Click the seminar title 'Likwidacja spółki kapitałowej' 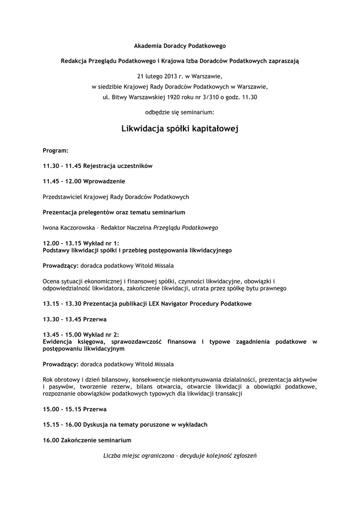click(180, 129)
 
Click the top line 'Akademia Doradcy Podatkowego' click(180, 46)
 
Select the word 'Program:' click(56, 150)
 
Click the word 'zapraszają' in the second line click(284, 61)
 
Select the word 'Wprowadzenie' click(104, 181)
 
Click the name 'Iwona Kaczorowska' click(69, 228)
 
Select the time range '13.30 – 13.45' click(61, 319)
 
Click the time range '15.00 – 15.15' click(61, 409)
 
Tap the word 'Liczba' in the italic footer click(112, 455)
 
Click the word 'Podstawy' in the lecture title click(57, 250)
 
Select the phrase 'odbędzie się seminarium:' click(180, 112)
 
